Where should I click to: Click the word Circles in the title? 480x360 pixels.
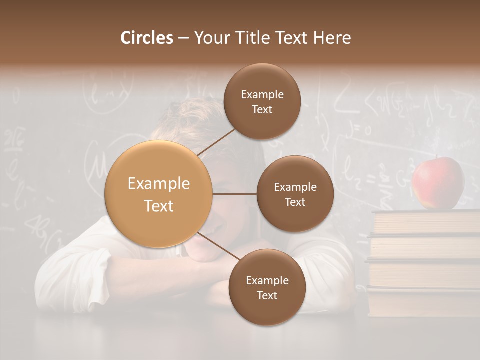146,38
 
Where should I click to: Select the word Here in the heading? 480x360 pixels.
332,38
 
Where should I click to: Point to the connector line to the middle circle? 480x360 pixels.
235,194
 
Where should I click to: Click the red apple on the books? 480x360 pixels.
438,183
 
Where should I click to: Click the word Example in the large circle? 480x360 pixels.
159,184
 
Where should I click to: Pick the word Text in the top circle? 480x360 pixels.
262,110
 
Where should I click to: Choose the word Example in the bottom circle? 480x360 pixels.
267,281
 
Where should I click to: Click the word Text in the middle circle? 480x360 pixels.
295,202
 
